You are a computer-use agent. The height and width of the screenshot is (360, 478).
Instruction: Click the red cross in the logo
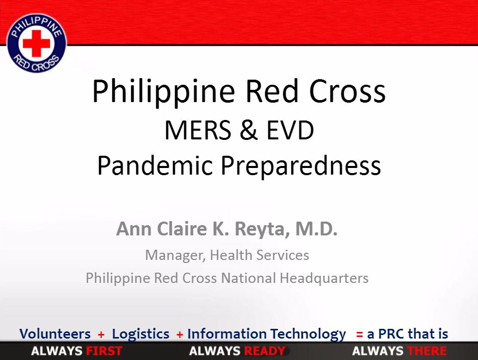pyautogui.click(x=36, y=43)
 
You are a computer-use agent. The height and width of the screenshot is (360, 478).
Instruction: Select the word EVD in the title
pyautogui.click(x=290, y=130)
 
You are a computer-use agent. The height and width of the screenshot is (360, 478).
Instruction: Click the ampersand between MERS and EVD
pyautogui.click(x=248, y=130)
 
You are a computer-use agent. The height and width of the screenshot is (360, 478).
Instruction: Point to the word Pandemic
pyautogui.click(x=155, y=165)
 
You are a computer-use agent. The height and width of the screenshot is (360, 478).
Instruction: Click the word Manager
pyautogui.click(x=175, y=255)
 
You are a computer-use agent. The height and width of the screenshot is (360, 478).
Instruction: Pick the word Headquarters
pyautogui.click(x=324, y=278)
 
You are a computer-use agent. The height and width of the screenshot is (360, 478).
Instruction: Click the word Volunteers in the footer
pyautogui.click(x=55, y=333)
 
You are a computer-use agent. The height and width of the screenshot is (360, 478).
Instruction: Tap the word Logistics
pyautogui.click(x=140, y=334)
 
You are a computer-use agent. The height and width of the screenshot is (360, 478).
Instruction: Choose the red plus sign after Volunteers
pyautogui.click(x=101, y=334)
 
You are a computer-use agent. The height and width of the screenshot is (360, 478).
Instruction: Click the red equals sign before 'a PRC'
pyautogui.click(x=360, y=334)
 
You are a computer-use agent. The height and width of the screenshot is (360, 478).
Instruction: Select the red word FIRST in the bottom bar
pyautogui.click(x=104, y=351)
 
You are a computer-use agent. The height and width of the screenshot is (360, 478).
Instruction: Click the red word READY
pyautogui.click(x=265, y=351)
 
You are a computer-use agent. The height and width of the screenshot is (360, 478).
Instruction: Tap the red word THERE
pyautogui.click(x=427, y=351)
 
